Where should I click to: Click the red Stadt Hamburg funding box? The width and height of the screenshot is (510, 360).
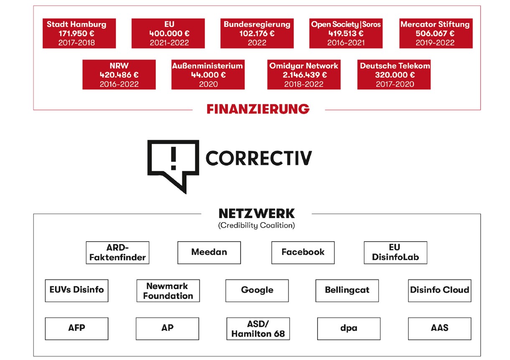click(x=79, y=33)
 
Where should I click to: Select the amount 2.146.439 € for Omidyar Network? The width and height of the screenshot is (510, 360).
click(x=305, y=75)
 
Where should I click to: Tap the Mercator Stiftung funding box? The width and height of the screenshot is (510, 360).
click(x=436, y=33)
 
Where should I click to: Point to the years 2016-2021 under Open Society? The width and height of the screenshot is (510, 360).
click(x=346, y=43)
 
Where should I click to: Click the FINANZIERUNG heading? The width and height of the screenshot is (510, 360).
click(x=258, y=109)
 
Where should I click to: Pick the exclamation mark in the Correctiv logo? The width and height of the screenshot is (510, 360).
click(x=173, y=158)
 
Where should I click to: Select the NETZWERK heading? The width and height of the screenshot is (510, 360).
click(x=257, y=213)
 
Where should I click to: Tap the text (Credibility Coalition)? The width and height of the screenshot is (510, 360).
click(x=256, y=225)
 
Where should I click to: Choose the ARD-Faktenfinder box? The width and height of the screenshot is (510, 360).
click(x=117, y=252)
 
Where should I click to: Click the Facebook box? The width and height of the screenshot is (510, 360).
click(x=303, y=252)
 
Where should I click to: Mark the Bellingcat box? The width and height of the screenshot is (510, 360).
click(x=347, y=290)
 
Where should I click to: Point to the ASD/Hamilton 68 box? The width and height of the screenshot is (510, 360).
click(x=258, y=328)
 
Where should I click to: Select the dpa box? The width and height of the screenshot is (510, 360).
click(x=349, y=328)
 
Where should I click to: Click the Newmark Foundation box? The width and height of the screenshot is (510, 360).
click(x=168, y=290)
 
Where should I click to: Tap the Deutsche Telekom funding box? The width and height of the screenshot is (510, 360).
click(x=394, y=74)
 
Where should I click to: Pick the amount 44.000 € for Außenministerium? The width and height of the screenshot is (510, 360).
click(x=208, y=75)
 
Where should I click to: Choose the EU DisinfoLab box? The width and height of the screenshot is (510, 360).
click(x=395, y=252)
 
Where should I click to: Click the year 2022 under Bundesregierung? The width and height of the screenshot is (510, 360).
click(x=257, y=43)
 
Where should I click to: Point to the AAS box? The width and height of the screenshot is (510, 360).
click(x=439, y=328)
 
